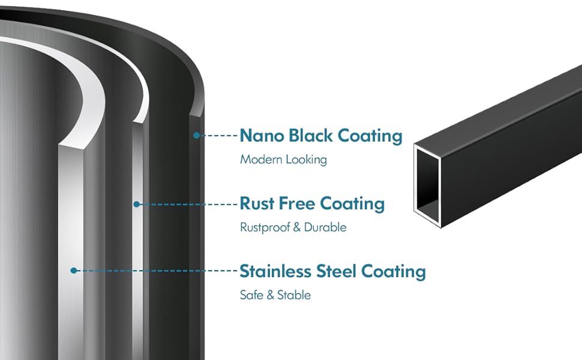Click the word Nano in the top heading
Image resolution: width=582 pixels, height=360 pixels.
click(x=262, y=136)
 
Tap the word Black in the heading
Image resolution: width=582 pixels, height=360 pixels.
click(x=311, y=136)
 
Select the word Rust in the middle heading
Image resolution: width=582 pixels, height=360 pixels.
click(x=257, y=203)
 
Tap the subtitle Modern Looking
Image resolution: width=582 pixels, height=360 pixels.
click(x=283, y=160)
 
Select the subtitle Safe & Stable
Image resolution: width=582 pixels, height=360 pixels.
click(x=275, y=295)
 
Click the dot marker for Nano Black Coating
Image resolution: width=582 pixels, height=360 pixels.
click(x=196, y=136)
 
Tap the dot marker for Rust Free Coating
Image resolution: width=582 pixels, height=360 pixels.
click(x=137, y=204)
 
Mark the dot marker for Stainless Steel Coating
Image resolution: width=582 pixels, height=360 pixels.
click(x=73, y=271)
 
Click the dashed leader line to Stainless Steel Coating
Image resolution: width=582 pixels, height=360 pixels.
click(x=156, y=271)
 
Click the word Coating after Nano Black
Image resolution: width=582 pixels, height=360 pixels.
click(x=370, y=136)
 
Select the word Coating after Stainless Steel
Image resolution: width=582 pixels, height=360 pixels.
click(x=393, y=271)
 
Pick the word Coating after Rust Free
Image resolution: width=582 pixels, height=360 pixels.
click(x=352, y=203)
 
